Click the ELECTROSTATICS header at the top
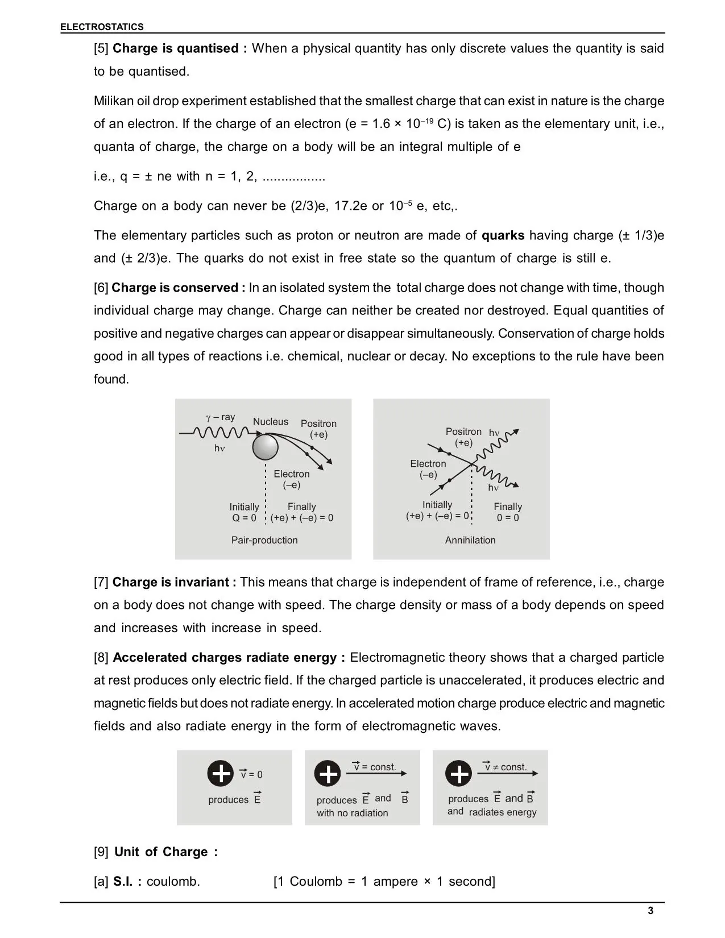pyautogui.click(x=102, y=27)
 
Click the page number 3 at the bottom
pyautogui.click(x=651, y=911)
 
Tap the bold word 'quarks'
pyautogui.click(x=503, y=235)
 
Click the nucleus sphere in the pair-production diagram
pyautogui.click(x=265, y=447)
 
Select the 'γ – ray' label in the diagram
pyautogui.click(x=221, y=417)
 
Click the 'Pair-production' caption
pyautogui.click(x=264, y=540)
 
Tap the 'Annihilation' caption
pyautogui.click(x=470, y=540)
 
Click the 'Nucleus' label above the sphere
pyautogui.click(x=271, y=422)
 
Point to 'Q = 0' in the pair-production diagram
pyautogui.click(x=244, y=518)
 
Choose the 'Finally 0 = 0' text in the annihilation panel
pyautogui.click(x=508, y=512)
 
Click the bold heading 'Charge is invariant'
pyautogui.click(x=175, y=582)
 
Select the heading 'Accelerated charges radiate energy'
pyautogui.click(x=229, y=658)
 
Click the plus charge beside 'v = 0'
pyautogui.click(x=220, y=773)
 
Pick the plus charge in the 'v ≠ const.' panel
pyautogui.click(x=458, y=773)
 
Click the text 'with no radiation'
pyautogui.click(x=353, y=813)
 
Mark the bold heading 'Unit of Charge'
pyautogui.click(x=166, y=852)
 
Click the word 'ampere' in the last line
pyautogui.click(x=396, y=882)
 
